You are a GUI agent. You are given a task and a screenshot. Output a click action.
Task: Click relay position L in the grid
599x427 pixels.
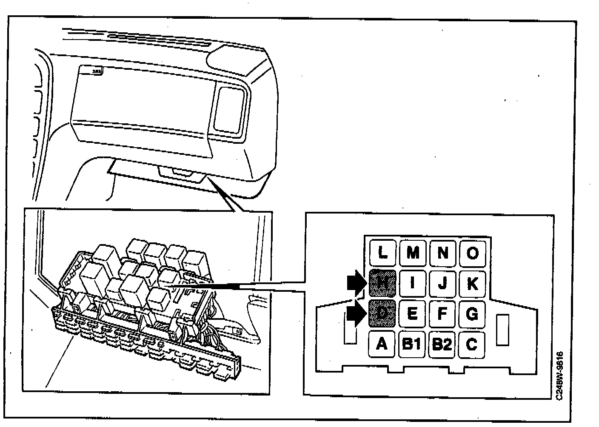click(x=382, y=253)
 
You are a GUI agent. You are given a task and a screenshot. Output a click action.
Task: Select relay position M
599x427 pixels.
click(x=412, y=253)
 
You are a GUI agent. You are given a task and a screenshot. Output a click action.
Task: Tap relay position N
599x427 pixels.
click(x=442, y=253)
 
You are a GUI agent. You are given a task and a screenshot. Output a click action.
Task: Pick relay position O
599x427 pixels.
click(x=472, y=253)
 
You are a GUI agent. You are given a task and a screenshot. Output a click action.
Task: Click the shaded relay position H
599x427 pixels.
click(x=382, y=283)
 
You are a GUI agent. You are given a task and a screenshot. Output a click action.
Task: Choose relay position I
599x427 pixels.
click(x=412, y=283)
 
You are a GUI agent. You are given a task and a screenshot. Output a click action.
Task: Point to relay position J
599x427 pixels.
click(x=442, y=283)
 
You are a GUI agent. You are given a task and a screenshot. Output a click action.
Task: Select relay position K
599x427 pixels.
click(x=472, y=283)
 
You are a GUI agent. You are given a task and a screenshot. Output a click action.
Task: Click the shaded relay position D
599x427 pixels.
click(x=382, y=313)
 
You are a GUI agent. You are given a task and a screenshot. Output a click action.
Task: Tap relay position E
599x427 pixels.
click(x=412, y=313)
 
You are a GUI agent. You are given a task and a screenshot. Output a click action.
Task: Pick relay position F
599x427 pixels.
click(x=442, y=313)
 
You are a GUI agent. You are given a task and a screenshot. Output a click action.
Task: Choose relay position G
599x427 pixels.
click(x=472, y=313)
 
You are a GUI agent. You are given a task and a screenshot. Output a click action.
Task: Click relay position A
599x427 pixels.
click(x=382, y=344)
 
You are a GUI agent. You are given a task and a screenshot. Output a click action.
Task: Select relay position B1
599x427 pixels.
click(x=412, y=344)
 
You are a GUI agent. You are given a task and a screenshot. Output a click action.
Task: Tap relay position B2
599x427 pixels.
click(x=442, y=344)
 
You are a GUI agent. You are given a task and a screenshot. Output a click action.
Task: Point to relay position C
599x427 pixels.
click(x=472, y=344)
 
